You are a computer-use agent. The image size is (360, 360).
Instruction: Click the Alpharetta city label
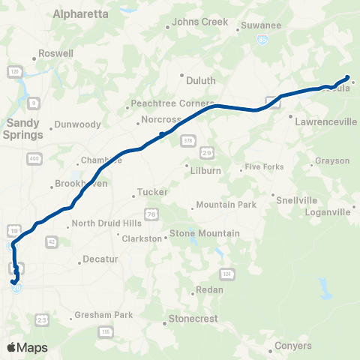point(80,14)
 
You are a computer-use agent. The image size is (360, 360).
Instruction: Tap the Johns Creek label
point(200,22)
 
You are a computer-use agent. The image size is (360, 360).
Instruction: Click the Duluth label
point(200,80)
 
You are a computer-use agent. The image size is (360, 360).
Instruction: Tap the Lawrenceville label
point(326,120)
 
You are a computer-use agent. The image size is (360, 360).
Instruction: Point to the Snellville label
point(296,200)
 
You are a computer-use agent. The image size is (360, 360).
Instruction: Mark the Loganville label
point(328,212)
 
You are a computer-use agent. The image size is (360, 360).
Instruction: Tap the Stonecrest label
point(193,319)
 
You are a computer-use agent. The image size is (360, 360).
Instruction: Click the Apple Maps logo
point(26,347)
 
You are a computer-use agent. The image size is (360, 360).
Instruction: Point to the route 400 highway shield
point(33,158)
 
